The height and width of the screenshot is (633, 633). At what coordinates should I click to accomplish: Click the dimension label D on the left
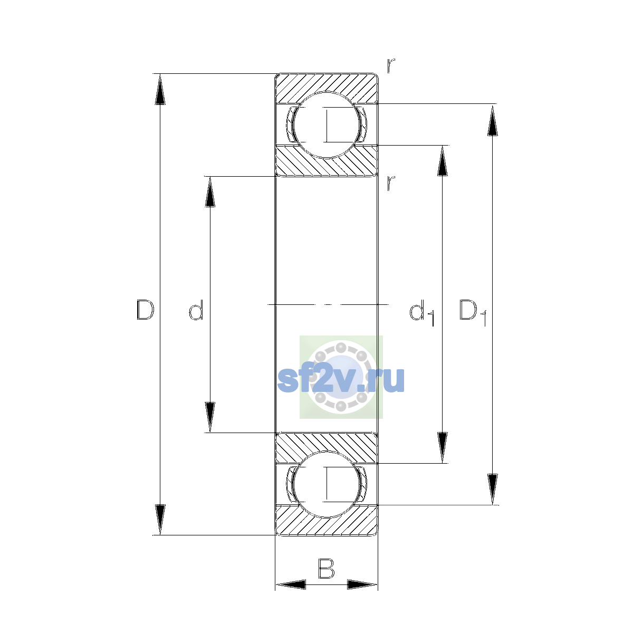145,310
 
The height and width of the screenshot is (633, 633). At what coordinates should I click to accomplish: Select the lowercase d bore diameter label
196,310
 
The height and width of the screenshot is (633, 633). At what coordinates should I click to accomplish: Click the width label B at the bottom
326,568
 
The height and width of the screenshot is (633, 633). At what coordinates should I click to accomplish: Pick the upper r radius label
391,65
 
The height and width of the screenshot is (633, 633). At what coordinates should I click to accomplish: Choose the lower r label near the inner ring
391,183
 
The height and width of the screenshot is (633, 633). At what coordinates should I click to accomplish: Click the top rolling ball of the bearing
327,125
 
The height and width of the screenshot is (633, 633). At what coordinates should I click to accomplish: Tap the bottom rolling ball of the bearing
327,485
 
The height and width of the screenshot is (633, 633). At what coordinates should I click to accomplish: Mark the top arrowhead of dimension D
160,89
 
